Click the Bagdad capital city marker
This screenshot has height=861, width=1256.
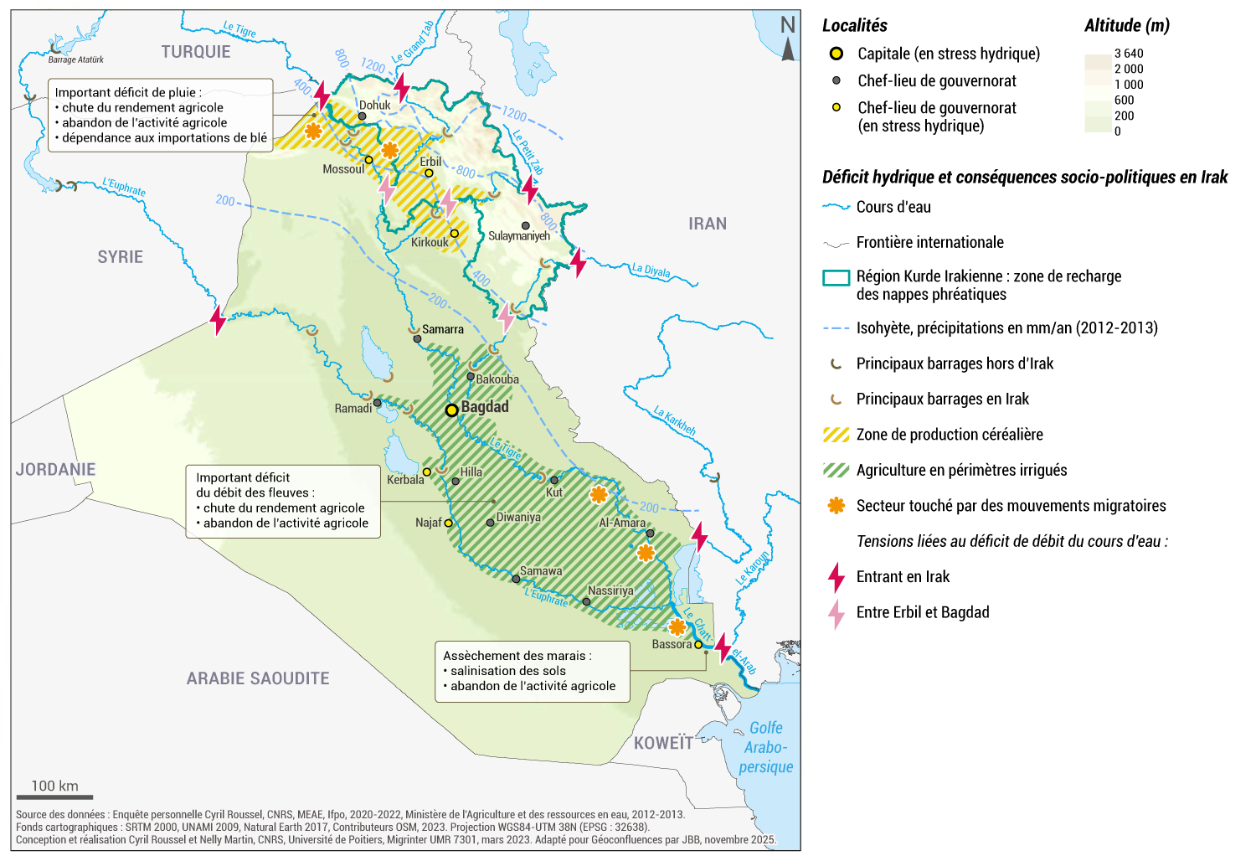click(451, 410)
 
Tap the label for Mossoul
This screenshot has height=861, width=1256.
click(343, 169)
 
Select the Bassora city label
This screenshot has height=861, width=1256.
click(672, 644)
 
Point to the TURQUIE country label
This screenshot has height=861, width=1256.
click(195, 52)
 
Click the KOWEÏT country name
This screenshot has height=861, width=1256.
click(663, 743)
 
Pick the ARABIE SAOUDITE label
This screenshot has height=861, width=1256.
click(258, 678)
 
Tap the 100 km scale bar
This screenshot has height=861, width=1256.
click(54, 797)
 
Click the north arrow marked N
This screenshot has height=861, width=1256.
click(788, 38)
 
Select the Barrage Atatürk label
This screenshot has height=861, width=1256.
click(75, 59)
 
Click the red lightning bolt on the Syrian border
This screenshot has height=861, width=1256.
click(218, 320)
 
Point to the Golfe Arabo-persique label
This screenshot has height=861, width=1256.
click(765, 747)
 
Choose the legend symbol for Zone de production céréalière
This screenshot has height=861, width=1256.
click(836, 435)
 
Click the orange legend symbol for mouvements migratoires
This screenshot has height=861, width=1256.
click(836, 506)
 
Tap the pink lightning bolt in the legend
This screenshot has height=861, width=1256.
click(836, 613)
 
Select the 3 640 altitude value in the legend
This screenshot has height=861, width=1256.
click(1128, 54)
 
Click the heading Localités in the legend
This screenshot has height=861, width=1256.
click(854, 26)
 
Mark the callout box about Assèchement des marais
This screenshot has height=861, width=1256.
click(533, 671)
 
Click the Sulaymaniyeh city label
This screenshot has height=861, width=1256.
click(519, 236)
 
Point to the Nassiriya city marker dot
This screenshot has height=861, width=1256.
click(586, 602)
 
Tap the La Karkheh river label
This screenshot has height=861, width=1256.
click(675, 420)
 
